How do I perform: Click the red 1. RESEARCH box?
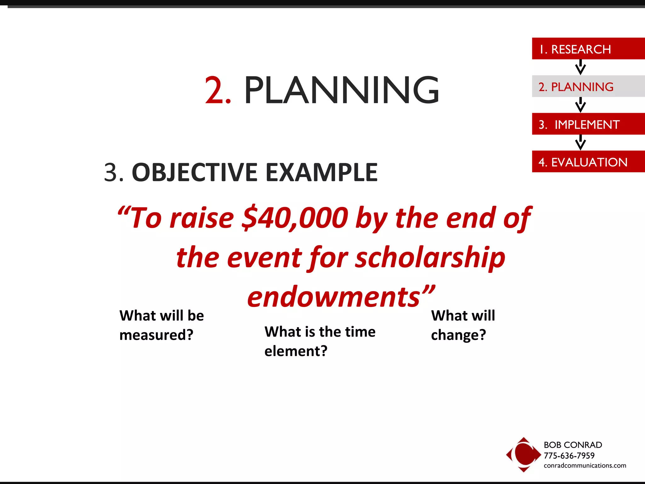tap(588, 49)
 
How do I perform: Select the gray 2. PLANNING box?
tap(588, 86)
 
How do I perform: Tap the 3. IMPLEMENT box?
tap(588, 124)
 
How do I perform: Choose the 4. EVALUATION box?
tap(588, 162)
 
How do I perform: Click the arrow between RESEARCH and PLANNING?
tap(580, 67)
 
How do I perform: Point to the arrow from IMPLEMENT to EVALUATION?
tap(580, 142)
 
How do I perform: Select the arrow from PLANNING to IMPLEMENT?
tap(580, 105)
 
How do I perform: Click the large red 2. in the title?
tap(218, 90)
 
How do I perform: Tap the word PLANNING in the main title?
tap(341, 90)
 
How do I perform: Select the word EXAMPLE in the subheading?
tap(322, 173)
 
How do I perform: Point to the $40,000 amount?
tap(295, 218)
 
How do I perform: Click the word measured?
tap(156, 335)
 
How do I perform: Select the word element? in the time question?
tap(296, 351)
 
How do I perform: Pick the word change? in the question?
tap(458, 335)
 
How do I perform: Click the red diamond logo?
tap(523, 454)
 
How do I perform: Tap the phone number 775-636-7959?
tap(569, 456)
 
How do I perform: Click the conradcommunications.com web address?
tap(585, 466)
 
